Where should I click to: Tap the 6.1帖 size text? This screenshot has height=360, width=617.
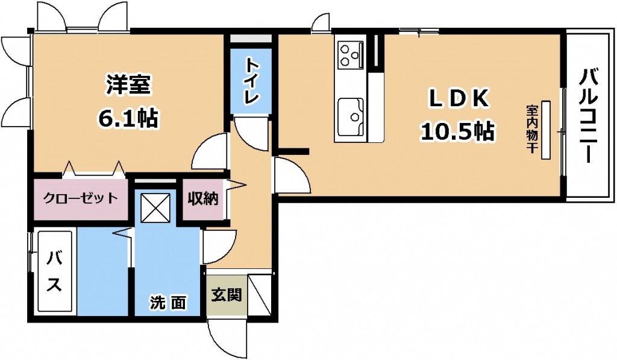(x=129, y=117)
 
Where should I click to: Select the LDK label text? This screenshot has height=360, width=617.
(x=459, y=99)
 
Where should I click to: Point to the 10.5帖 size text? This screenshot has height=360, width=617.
(x=458, y=131)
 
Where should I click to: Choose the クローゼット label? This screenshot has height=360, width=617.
(x=80, y=197)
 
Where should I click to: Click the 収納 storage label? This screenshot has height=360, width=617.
(x=202, y=199)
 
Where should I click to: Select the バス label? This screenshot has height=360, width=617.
(x=54, y=271)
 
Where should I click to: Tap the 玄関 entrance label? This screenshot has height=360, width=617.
(x=227, y=294)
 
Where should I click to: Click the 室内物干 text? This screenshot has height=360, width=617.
(x=531, y=129)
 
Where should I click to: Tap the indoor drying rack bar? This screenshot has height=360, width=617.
(x=546, y=130)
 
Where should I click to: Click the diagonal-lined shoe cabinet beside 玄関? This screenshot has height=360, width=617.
(x=260, y=295)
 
